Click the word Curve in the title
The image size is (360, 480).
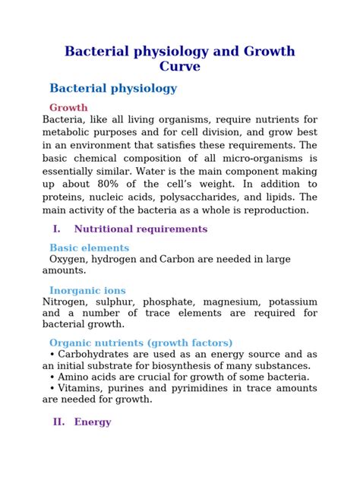click(180, 66)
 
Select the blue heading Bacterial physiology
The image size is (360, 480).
click(113, 88)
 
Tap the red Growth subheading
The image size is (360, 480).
click(68, 108)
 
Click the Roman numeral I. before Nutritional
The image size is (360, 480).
click(56, 229)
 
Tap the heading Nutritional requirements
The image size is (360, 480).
click(141, 229)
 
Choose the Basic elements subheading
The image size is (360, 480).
click(89, 248)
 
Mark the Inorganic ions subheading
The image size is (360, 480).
click(87, 290)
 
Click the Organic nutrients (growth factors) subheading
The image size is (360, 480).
click(141, 343)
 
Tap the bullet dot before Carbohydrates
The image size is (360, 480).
click(52, 355)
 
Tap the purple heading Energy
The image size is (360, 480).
click(93, 422)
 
